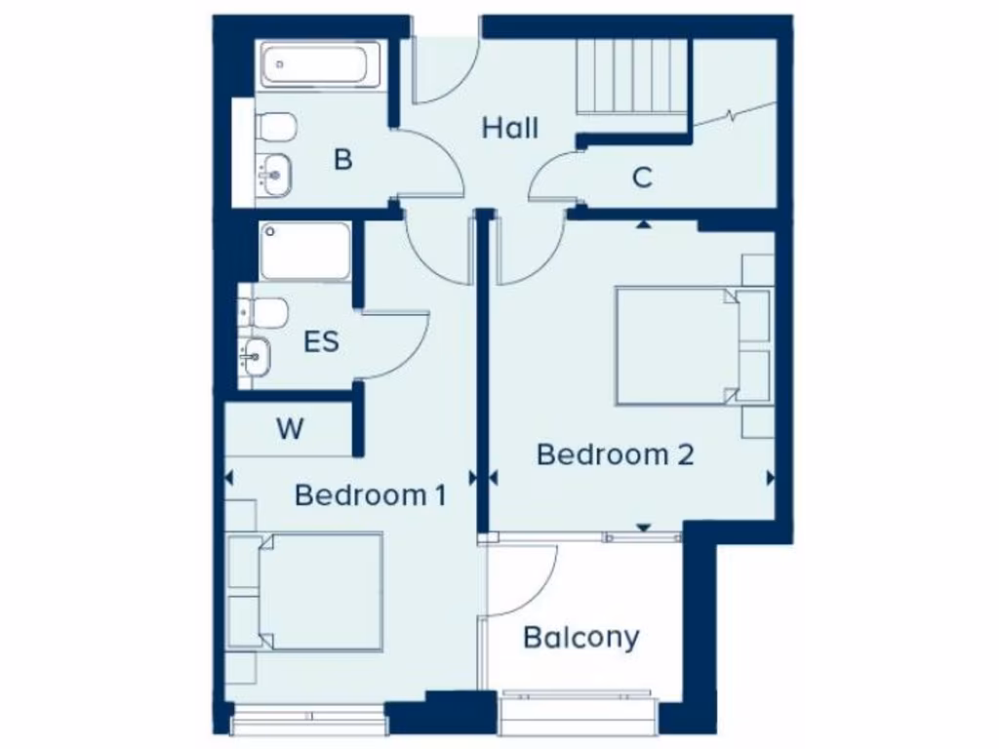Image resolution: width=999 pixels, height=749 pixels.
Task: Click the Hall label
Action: [510, 128]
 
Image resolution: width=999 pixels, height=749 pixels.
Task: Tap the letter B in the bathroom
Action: [342, 160]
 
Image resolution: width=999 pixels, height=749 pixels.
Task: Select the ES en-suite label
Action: [321, 342]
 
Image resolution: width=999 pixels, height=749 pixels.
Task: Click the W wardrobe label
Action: [289, 429]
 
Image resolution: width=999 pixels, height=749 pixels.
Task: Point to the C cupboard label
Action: [641, 177]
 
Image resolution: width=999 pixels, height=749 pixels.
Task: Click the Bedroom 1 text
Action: [371, 495]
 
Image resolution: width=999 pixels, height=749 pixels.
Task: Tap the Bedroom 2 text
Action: [616, 454]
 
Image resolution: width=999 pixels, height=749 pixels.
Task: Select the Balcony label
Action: [581, 638]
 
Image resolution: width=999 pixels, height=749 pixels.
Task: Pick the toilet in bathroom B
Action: [275, 127]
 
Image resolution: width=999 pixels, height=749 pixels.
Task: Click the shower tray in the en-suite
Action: [305, 252]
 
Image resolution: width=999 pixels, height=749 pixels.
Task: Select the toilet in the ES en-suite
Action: [267, 312]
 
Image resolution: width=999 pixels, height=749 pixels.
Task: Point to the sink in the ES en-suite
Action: [257, 356]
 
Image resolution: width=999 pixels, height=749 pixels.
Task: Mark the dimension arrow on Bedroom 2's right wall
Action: [771, 478]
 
